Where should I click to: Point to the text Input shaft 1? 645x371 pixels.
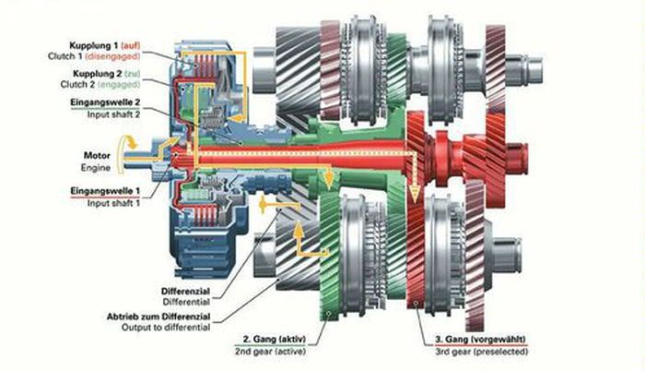[x=110, y=203]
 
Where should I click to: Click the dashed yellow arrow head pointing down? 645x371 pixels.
[x=415, y=196]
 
